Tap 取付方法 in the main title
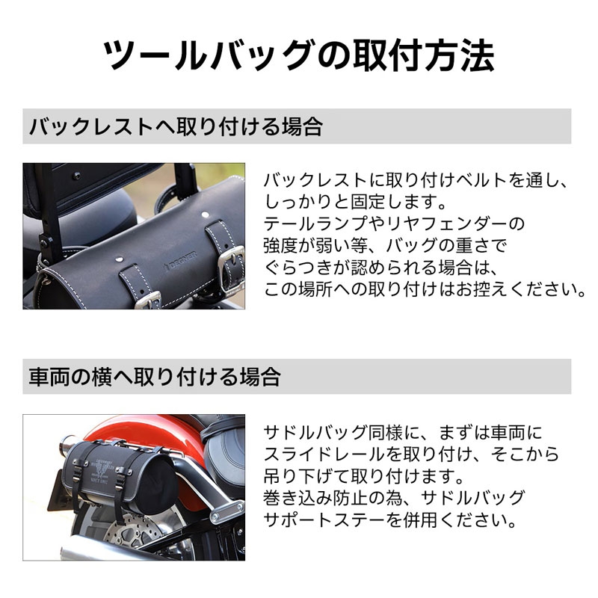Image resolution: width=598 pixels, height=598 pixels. pos(423,55)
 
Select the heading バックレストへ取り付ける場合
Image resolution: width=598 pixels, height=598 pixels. pos(176,126)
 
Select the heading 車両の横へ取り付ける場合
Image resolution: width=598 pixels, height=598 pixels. pos(155,377)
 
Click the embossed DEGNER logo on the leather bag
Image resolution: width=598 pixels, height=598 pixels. pos(180,261)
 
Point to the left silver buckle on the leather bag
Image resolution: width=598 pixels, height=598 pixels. pos(148,300)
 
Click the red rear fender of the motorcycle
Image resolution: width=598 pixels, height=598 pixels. pos(152,431)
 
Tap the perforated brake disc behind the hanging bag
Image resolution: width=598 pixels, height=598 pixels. pos(134,532)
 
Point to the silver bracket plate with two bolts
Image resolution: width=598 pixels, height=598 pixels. pos(228,511)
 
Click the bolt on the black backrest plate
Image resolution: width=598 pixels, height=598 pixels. pos(77,176)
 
